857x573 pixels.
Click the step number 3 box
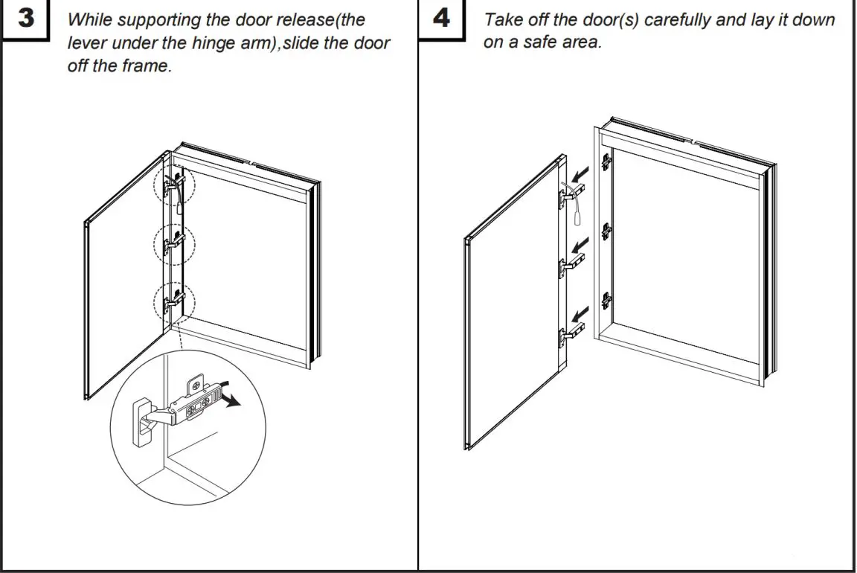pyautogui.click(x=26, y=19)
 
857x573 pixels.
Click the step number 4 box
pyautogui.click(x=441, y=19)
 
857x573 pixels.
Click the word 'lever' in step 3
pyautogui.click(x=87, y=43)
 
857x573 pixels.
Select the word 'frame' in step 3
pyautogui.click(x=144, y=66)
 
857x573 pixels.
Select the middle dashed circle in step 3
pyautogui.click(x=173, y=243)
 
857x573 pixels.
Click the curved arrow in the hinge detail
pyautogui.click(x=233, y=400)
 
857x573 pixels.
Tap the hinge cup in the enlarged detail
pyautogui.click(x=142, y=422)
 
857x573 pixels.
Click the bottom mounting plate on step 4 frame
pyautogui.click(x=607, y=301)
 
